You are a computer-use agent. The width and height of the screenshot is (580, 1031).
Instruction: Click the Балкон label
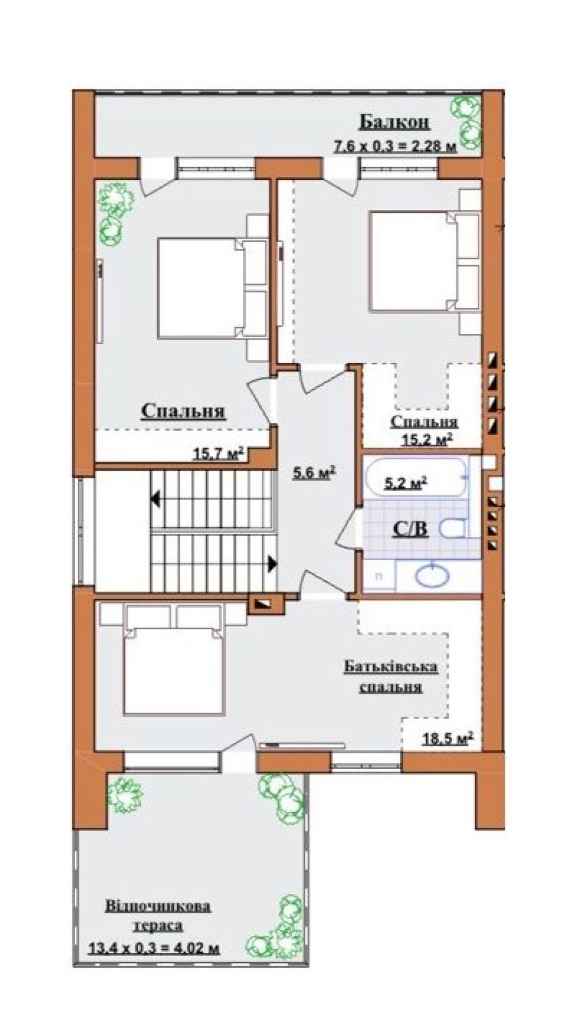click(394, 122)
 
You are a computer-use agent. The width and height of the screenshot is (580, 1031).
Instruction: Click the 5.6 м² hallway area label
click(315, 473)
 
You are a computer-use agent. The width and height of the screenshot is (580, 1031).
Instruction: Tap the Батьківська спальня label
click(391, 676)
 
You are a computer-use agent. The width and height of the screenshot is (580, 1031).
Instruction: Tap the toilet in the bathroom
click(452, 528)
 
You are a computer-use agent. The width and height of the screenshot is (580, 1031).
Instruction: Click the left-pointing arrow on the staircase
click(155, 498)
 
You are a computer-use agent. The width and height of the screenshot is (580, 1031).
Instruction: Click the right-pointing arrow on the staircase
click(272, 562)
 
